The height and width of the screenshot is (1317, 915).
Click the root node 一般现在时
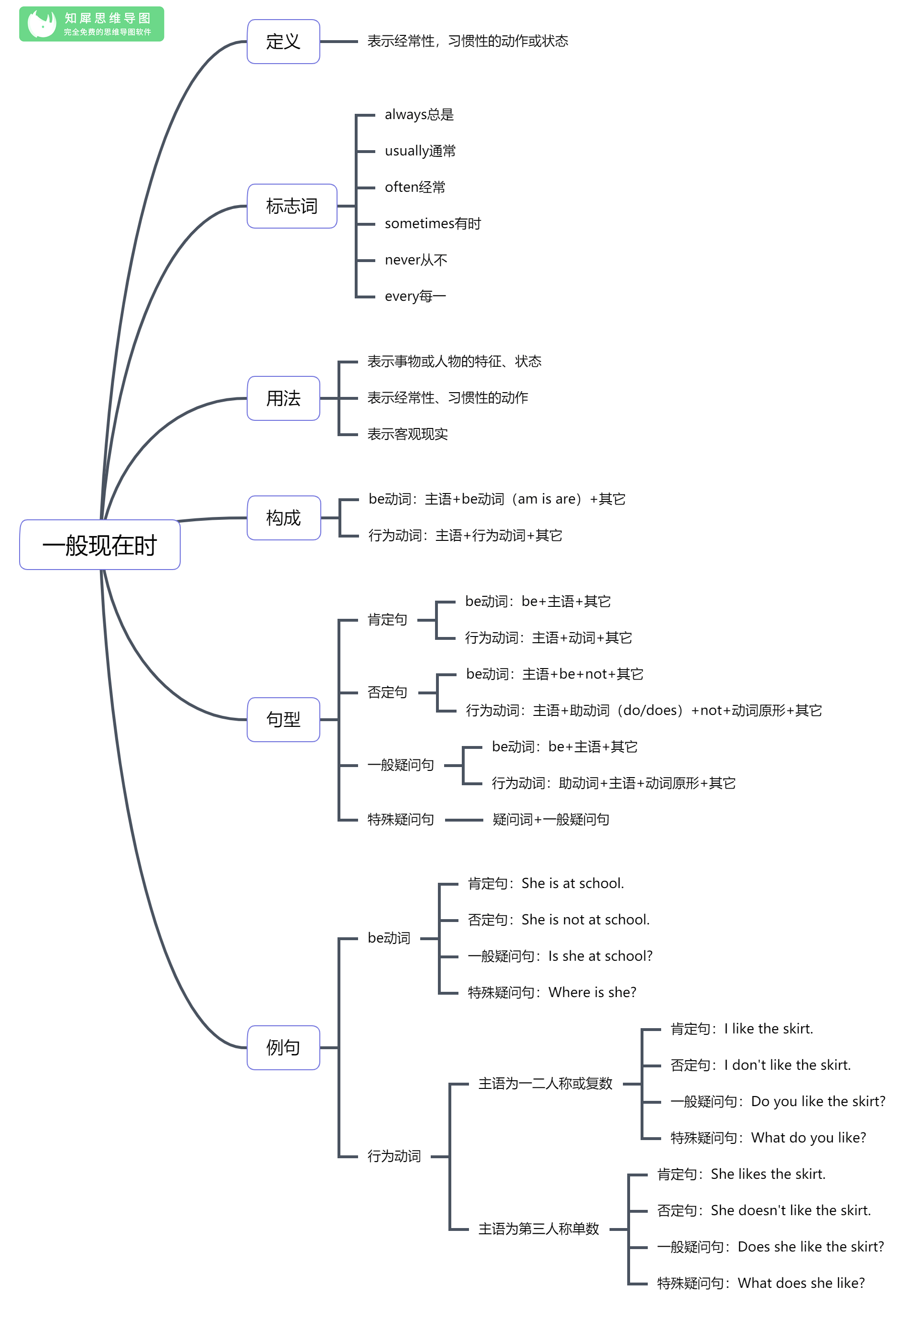(x=100, y=544)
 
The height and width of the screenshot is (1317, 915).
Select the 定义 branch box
(x=283, y=41)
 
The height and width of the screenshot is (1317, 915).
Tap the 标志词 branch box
(x=292, y=206)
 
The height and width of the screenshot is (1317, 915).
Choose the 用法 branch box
(x=283, y=398)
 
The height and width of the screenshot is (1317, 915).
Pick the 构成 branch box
(x=283, y=518)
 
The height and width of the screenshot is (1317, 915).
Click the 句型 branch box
(x=283, y=720)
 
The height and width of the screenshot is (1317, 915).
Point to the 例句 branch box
(x=283, y=1047)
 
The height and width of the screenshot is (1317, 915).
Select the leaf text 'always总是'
(x=419, y=115)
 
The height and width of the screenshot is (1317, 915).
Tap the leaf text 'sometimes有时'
(x=433, y=224)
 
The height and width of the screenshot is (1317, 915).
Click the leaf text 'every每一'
(x=415, y=296)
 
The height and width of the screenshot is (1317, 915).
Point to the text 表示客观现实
(x=408, y=434)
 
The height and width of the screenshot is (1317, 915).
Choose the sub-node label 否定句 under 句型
(x=388, y=692)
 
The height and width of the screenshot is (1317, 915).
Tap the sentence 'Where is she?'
(x=592, y=992)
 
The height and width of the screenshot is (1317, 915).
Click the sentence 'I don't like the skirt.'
(x=787, y=1065)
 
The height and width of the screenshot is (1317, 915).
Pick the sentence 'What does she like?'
(x=801, y=1283)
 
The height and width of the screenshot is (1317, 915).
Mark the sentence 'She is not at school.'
(x=585, y=920)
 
